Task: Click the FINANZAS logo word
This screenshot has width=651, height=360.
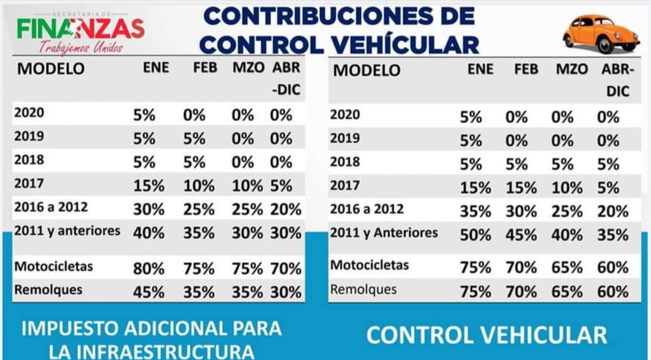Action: click(x=80, y=29)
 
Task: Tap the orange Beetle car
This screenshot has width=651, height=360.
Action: click(x=601, y=34)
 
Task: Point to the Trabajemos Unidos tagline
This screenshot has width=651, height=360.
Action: click(x=81, y=47)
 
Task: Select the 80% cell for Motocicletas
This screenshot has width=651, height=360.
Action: click(x=148, y=269)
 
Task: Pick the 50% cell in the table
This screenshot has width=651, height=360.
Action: click(x=476, y=235)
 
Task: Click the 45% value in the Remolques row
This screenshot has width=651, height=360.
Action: click(x=148, y=292)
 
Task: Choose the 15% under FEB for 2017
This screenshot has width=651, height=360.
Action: click(x=521, y=188)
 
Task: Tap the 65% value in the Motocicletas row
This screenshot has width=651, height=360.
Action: click(x=567, y=268)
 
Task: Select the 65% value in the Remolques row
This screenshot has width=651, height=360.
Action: click(x=567, y=291)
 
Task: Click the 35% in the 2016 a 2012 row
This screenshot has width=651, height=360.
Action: click(x=476, y=212)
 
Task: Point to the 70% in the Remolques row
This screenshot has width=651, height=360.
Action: click(x=521, y=291)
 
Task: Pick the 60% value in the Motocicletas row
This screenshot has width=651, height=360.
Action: click(x=613, y=268)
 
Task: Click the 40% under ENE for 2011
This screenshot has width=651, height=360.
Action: click(x=148, y=233)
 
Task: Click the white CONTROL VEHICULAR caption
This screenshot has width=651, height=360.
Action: click(x=487, y=335)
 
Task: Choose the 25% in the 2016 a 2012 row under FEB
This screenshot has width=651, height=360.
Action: click(x=199, y=210)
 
